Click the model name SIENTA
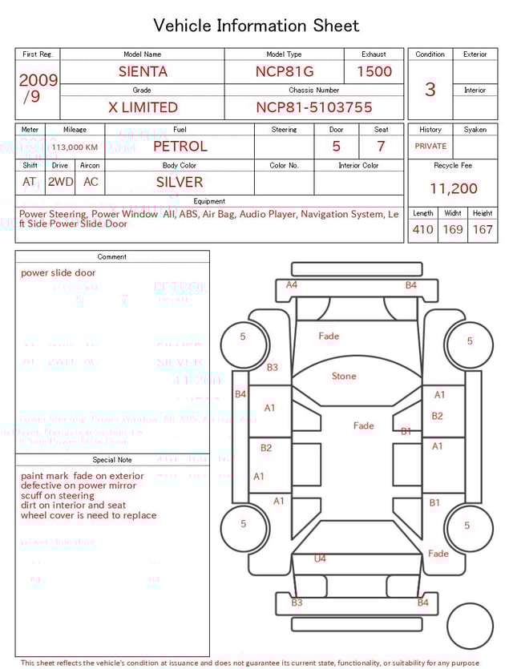click(143, 71)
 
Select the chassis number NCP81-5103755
click(314, 107)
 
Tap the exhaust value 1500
click(374, 71)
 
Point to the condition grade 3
click(430, 89)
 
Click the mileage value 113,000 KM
click(75, 147)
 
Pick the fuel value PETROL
click(180, 147)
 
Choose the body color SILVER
click(180, 182)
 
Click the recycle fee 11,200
click(453, 189)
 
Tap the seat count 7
click(381, 147)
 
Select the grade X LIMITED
click(143, 107)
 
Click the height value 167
click(483, 230)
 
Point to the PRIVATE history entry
click(430, 147)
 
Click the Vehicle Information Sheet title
click(256, 26)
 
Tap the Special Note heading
click(112, 460)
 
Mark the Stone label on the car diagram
click(344, 376)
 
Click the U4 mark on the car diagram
click(320, 558)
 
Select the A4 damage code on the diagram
click(292, 284)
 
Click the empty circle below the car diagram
click(470, 626)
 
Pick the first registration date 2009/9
click(38, 88)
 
